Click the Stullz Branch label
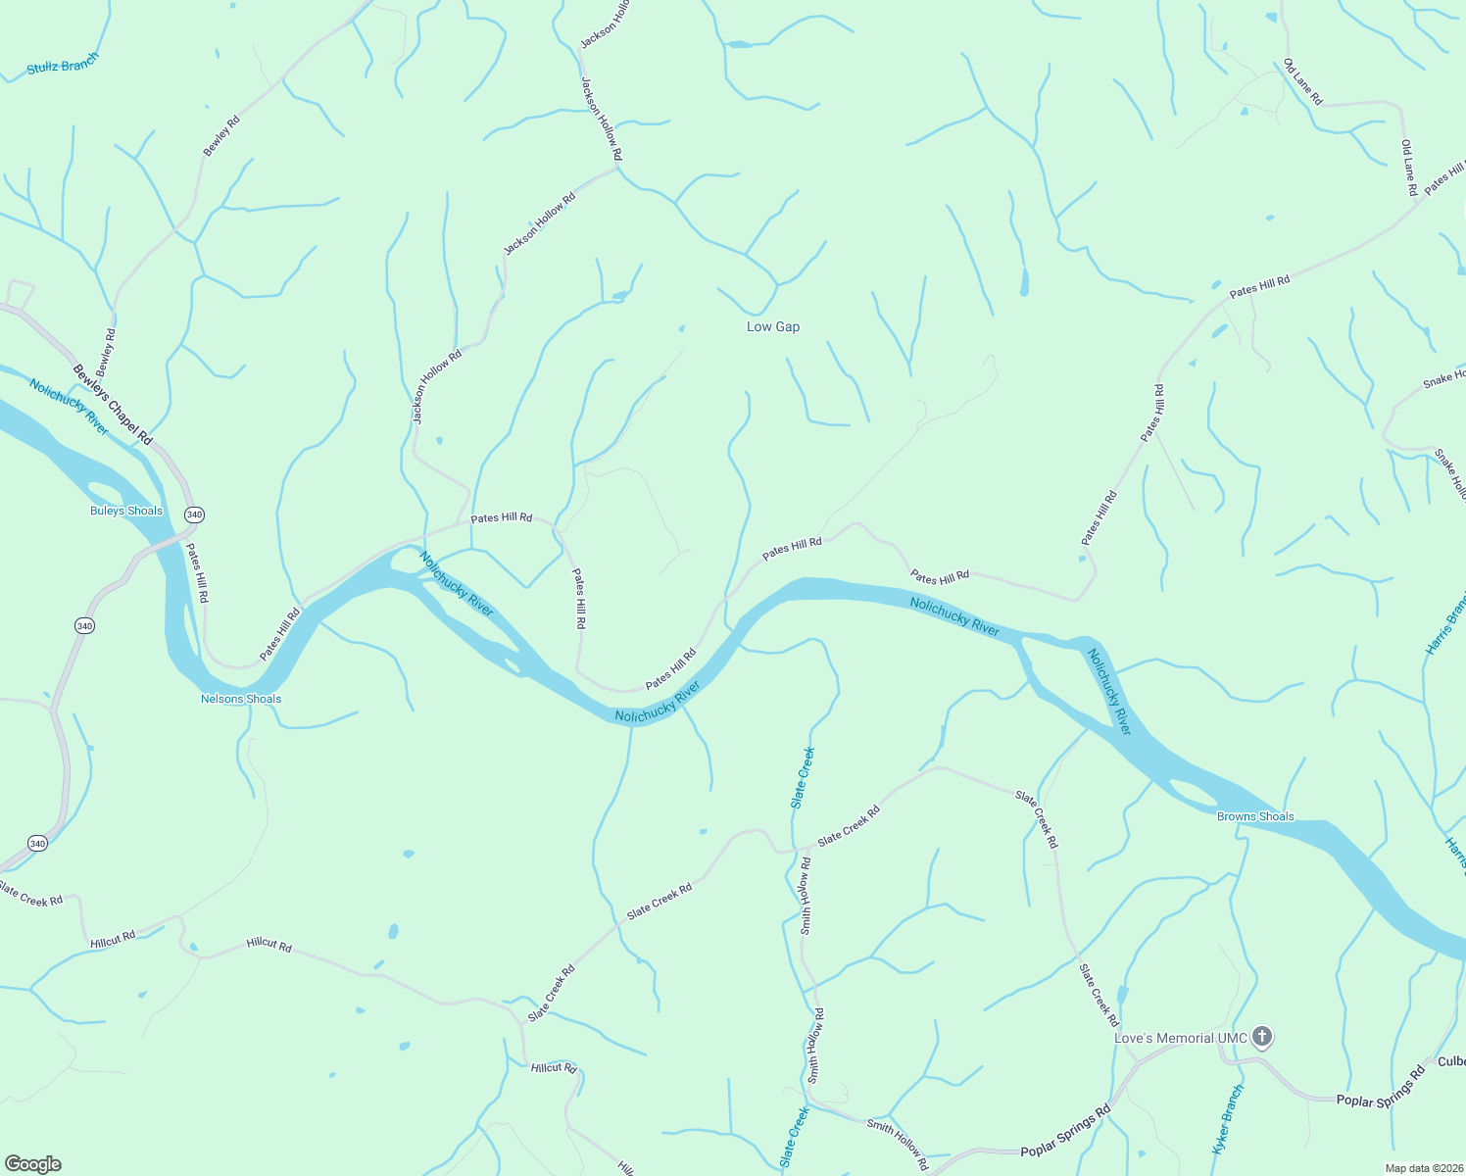63,65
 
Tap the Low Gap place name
773,326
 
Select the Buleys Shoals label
126,511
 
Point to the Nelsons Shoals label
241,699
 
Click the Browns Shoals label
1255,816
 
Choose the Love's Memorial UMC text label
1181,1038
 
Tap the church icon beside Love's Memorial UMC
1262,1036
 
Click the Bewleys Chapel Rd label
113,404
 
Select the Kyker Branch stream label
1227,1118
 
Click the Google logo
33,1163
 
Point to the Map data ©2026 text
1423,1168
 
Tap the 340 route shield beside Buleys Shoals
194,514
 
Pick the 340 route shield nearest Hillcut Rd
37,843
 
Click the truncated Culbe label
1451,1061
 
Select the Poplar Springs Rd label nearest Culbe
1381,1088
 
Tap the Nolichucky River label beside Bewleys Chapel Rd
69,407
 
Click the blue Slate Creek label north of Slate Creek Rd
803,778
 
